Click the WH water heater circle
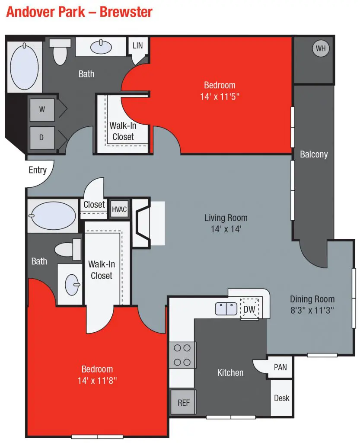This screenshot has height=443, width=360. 320,48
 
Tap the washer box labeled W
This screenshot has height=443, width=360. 42,109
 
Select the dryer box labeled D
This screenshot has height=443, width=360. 42,138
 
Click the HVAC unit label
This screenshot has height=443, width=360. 119,209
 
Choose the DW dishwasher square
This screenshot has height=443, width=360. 249,309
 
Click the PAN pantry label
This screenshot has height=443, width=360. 280,367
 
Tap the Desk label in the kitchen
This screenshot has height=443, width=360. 282,398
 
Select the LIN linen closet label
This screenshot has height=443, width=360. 137,45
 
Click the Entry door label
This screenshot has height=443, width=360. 38,170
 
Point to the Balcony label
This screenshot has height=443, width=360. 314,154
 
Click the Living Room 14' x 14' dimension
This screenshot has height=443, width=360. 226,229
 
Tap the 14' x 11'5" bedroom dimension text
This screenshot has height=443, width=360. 220,96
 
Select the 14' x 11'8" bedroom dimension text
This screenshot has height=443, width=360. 97,381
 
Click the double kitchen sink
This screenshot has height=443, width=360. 226,308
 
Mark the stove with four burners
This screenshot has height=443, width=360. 182,355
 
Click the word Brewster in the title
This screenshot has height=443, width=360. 126,12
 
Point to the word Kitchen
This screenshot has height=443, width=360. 230,372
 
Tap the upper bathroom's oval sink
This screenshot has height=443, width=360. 103,45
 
